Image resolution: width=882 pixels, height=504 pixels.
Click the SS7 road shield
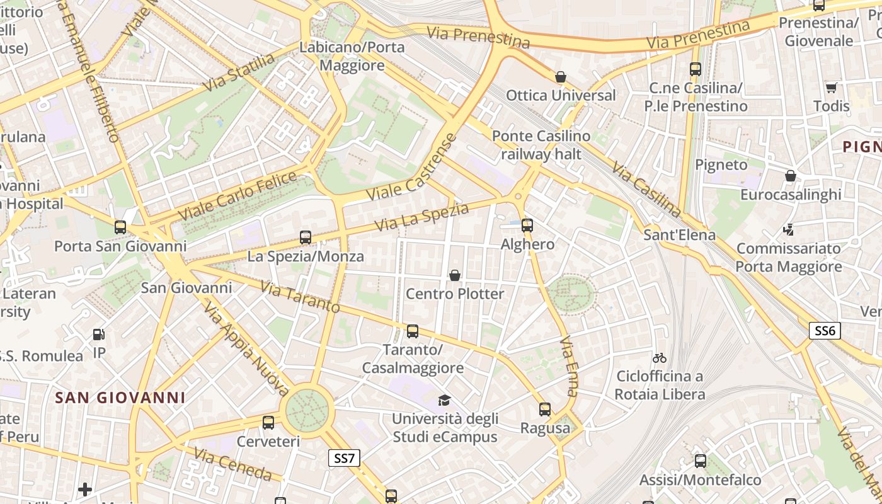[344, 458]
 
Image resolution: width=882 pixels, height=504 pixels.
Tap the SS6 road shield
[825, 331]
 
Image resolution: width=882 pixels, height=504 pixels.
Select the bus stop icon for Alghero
[527, 225]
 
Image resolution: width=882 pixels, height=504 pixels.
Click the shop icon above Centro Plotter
[454, 275]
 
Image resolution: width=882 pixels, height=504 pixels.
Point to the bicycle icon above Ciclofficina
[660, 358]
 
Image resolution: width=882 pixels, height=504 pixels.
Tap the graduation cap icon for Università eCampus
[445, 400]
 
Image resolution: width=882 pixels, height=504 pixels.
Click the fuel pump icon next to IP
[99, 335]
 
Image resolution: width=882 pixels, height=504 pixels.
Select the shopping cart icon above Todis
[831, 88]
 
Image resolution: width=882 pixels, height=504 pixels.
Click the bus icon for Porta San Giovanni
[120, 227]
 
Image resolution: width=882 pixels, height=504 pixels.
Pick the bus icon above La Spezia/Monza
[306, 238]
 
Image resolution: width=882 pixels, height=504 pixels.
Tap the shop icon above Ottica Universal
[560, 77]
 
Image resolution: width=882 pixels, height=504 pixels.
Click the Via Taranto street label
[300, 298]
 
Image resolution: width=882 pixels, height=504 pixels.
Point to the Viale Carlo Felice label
[238, 196]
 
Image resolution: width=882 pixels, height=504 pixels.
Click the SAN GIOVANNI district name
[120, 398]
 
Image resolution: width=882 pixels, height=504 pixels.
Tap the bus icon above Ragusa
[545, 409]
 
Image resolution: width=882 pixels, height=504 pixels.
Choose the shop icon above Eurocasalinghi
[790, 176]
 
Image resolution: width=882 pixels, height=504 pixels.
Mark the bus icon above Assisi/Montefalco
[700, 461]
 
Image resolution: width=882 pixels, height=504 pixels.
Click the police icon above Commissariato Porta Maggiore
[788, 230]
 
